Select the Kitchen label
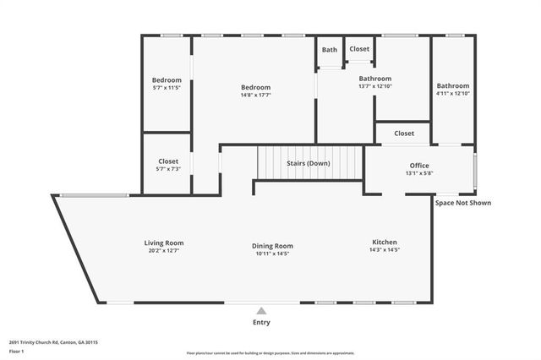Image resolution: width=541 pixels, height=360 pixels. pos(385,243)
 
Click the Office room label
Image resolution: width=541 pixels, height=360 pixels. pos(419,166)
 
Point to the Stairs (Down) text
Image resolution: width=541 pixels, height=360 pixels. pos(308,162)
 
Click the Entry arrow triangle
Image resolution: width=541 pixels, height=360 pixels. pos(261,311)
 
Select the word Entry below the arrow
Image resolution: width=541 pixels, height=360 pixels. pos(261,322)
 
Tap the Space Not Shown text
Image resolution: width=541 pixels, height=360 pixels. pos(462,203)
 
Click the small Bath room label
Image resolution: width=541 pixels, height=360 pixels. pos(330,50)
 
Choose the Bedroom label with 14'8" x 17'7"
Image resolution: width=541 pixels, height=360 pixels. pos(255,87)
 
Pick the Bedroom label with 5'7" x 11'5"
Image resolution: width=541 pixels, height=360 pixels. pos(167,80)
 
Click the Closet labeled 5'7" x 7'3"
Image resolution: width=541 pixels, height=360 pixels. pos(167,161)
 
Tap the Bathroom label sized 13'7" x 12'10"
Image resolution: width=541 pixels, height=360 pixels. pos(374,79)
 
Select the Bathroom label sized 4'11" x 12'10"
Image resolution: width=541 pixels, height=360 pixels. pos(453,86)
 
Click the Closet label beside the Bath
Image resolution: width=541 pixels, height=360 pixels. pos(359,49)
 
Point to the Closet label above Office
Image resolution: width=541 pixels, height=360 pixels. pos(404,134)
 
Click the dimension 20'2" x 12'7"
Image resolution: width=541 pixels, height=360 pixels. pos(163,251)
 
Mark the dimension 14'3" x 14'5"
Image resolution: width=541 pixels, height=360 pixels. pos(385,250)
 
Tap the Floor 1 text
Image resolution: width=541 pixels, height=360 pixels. pos(18,352)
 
